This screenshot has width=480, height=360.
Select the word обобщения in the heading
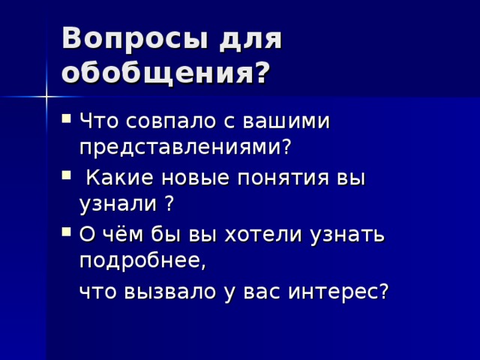[x=158, y=73]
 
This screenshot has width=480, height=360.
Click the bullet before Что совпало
[x=67, y=118]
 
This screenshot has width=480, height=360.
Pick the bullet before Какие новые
[x=67, y=175]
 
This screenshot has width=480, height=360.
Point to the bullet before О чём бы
[x=67, y=232]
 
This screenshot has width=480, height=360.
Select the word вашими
[x=286, y=121]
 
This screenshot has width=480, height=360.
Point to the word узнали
[x=118, y=204]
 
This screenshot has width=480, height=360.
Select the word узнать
[x=347, y=235]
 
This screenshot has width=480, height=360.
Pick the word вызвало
[x=170, y=292]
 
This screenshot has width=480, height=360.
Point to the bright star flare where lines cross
[x=46, y=97]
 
